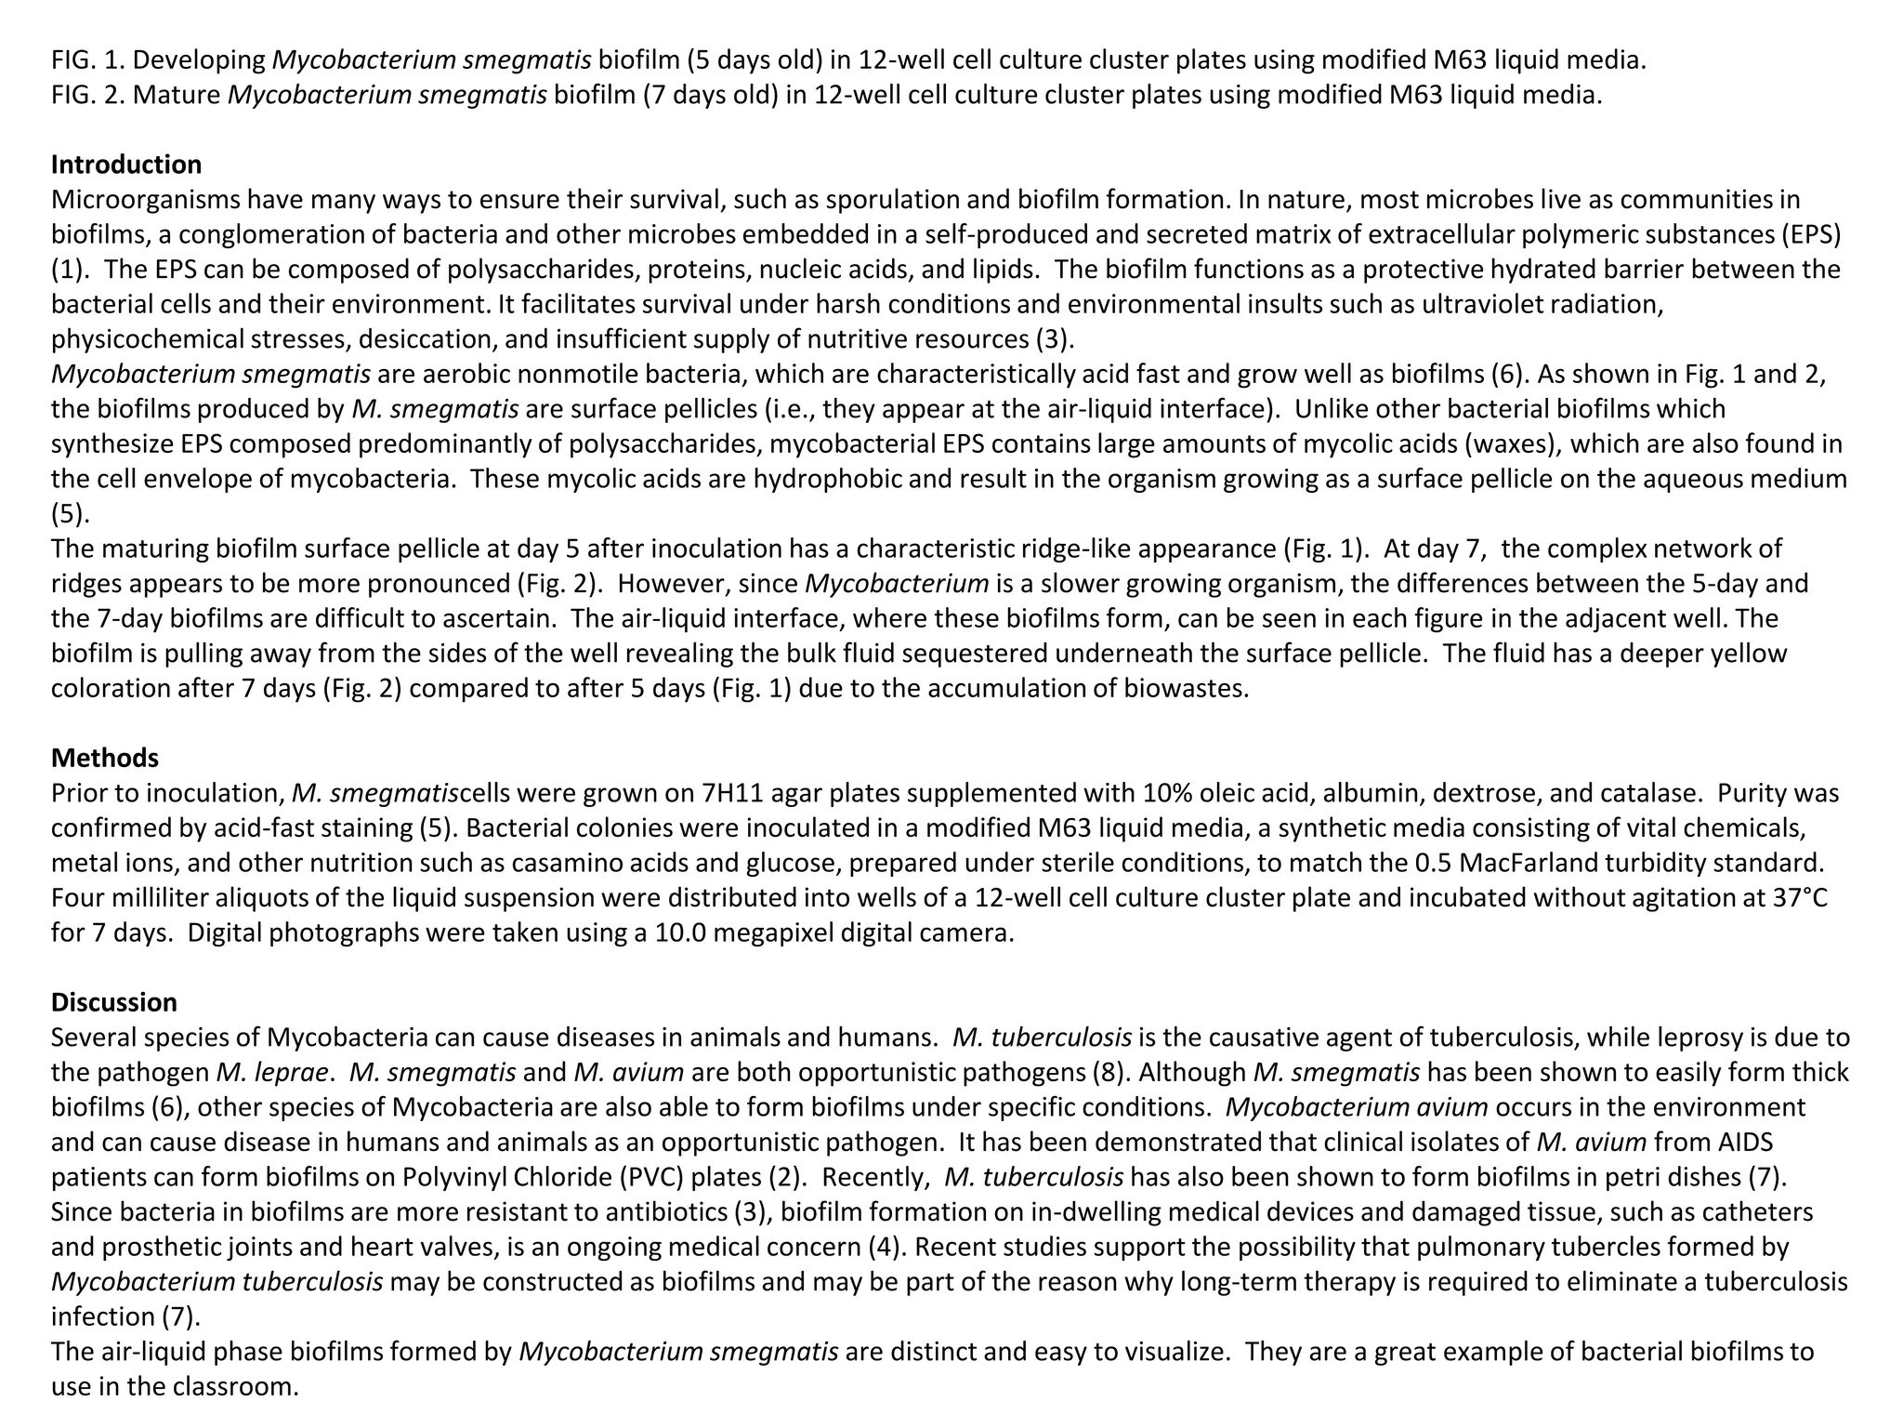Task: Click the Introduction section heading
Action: click(x=125, y=165)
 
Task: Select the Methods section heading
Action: click(x=104, y=758)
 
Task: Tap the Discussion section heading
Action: click(x=113, y=1002)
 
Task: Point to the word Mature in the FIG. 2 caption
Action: click(x=177, y=95)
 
